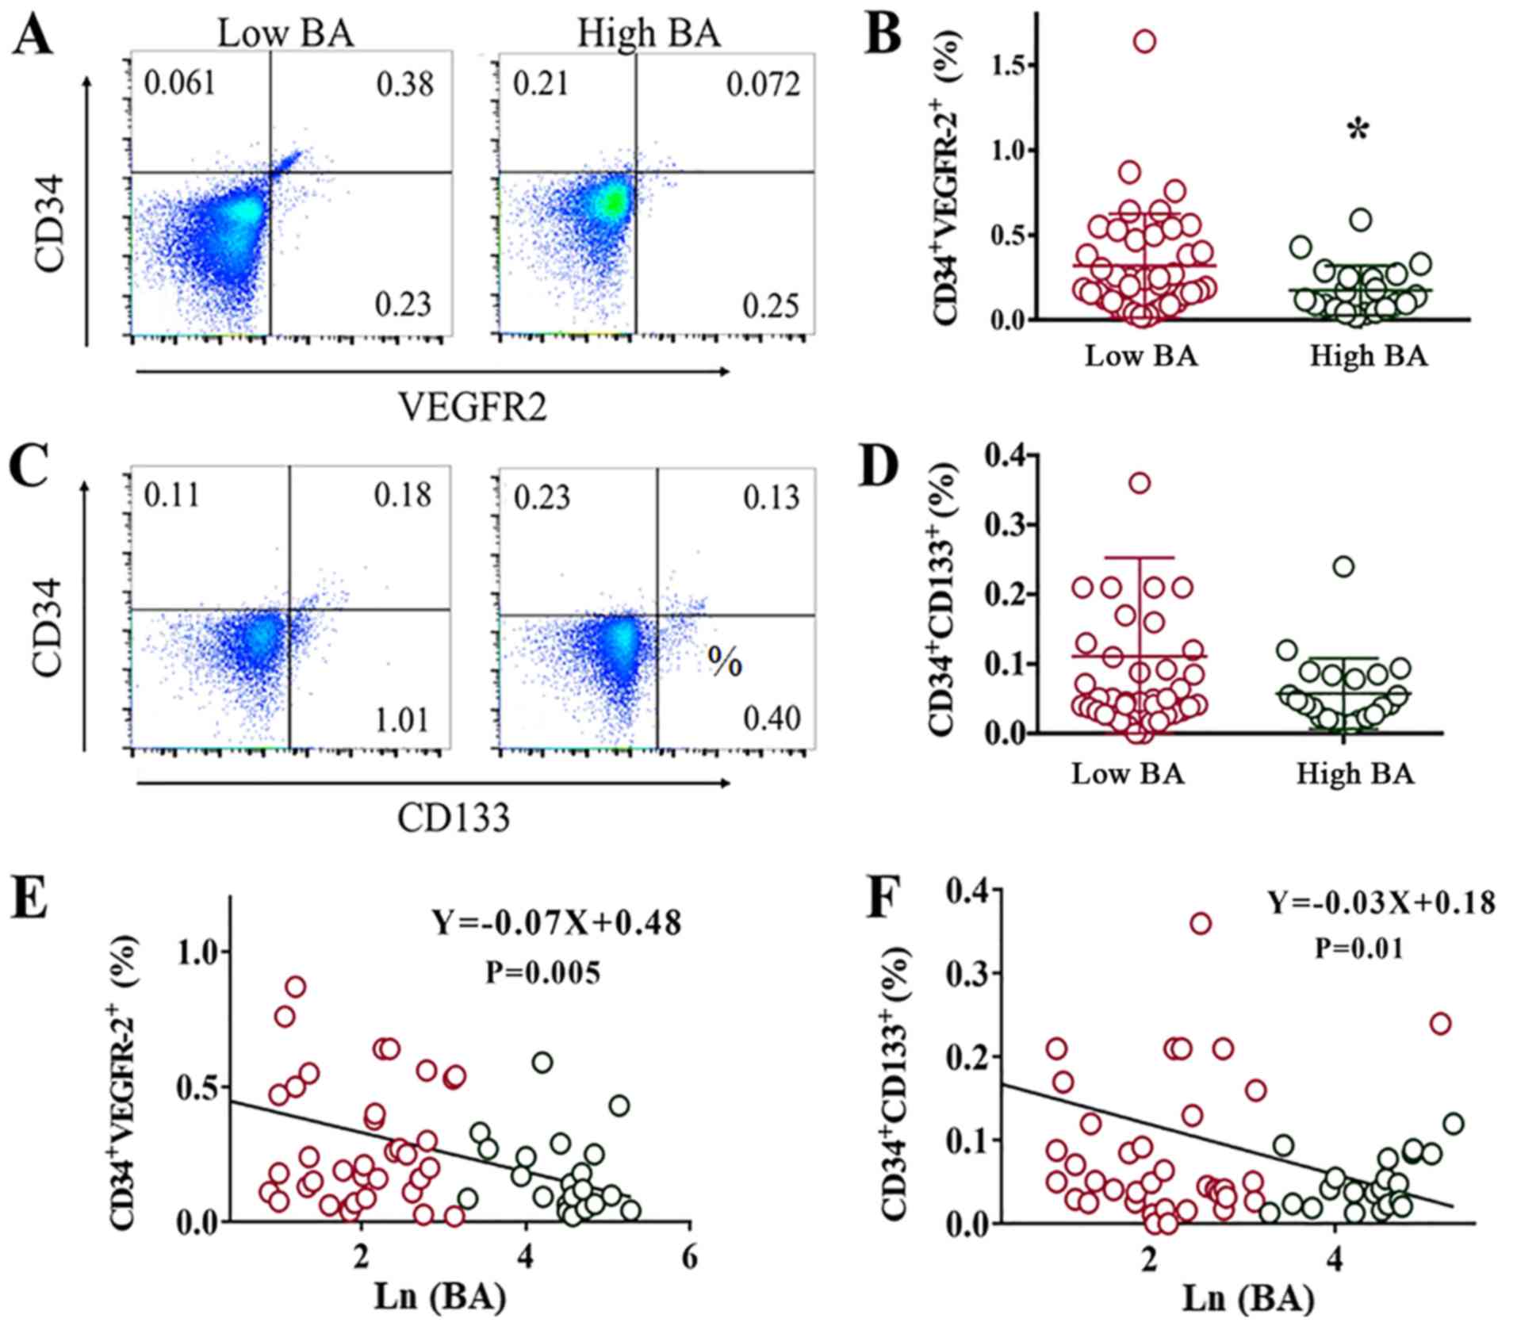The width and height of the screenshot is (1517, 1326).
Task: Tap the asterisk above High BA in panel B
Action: point(1358,132)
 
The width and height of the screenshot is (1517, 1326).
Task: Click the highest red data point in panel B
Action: point(1144,42)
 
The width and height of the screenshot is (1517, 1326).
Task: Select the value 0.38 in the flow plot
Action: point(404,84)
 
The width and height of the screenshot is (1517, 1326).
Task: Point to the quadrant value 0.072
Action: point(763,84)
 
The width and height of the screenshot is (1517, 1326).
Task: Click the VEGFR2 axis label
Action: point(473,408)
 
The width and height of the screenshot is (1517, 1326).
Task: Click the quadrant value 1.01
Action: point(402,720)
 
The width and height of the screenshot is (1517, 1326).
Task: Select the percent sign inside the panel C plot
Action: point(725,663)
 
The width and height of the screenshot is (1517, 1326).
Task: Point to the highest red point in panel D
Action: point(1140,483)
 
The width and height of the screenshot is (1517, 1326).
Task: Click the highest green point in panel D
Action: point(1343,567)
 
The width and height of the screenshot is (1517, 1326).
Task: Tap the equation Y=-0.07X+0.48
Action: point(556,922)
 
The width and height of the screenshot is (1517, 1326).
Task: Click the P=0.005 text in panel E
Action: point(543,973)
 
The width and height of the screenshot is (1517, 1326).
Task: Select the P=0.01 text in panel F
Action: point(1358,948)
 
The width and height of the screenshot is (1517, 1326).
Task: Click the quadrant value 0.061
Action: point(179,82)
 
